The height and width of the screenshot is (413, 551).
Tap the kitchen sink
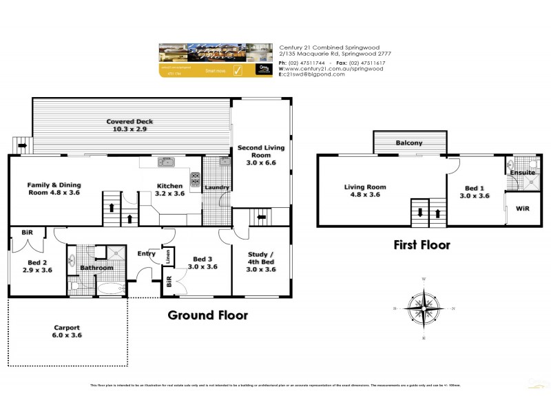pos(166,162)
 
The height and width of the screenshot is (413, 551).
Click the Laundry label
pos(217,187)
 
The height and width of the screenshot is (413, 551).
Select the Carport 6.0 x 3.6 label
pos(67,332)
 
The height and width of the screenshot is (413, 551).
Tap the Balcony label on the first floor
pos(409,143)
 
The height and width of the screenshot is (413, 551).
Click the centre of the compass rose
pos(423,308)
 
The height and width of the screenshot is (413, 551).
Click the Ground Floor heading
pos(208,316)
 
